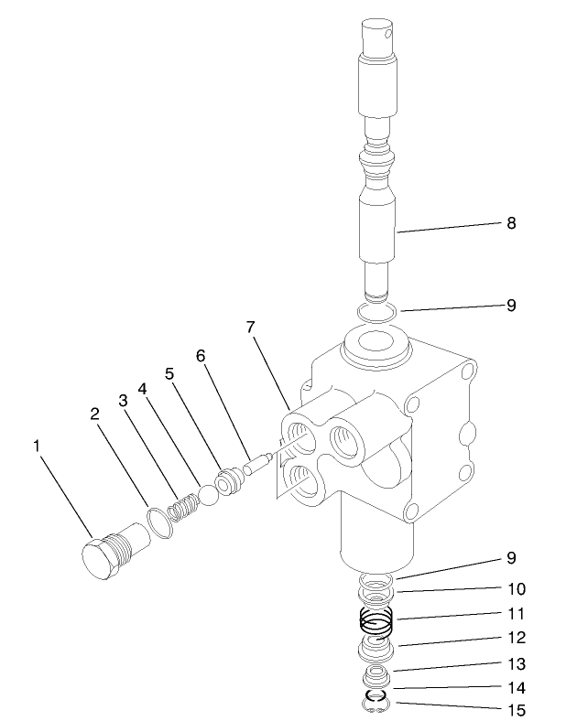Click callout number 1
[37, 446]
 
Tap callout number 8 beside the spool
[511, 221]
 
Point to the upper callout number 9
[511, 306]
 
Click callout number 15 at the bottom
[511, 709]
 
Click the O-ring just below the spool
[376, 313]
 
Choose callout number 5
[169, 374]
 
